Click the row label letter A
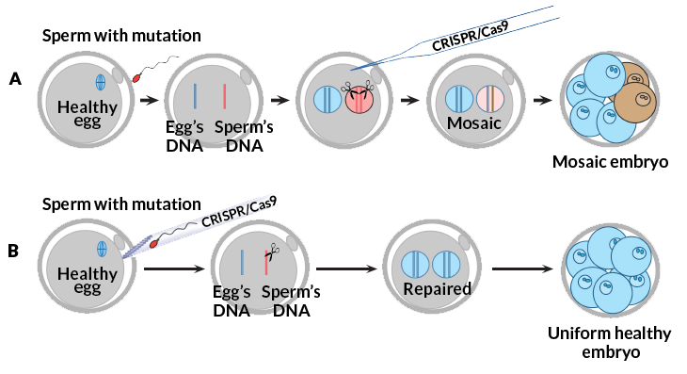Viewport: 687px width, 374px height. (x=15, y=79)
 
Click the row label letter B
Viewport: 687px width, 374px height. (x=14, y=252)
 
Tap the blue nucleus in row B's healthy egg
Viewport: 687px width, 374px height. (x=103, y=249)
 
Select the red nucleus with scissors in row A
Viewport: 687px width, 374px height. (x=359, y=99)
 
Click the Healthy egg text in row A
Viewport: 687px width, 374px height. (x=87, y=115)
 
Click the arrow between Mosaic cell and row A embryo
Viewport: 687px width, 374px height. (x=542, y=99)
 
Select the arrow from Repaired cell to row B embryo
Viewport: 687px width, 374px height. (x=522, y=268)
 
